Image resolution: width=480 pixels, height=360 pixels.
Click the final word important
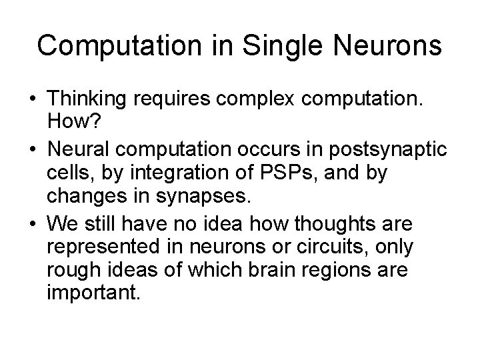[x=94, y=292]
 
